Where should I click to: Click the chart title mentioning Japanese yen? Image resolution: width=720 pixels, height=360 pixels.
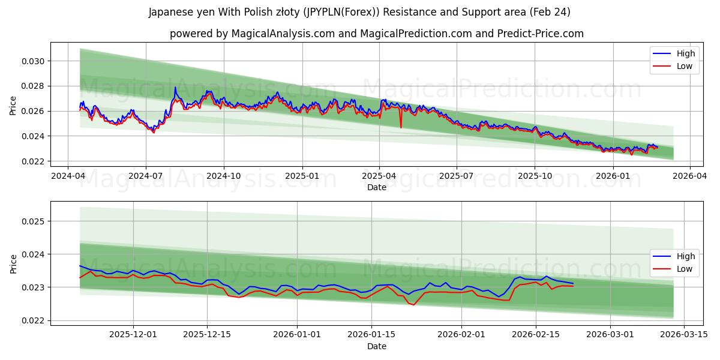pos(359,12)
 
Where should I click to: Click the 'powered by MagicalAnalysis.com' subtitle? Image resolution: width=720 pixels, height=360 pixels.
pos(376,34)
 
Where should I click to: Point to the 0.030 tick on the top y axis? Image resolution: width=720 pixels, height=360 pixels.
pos(34,61)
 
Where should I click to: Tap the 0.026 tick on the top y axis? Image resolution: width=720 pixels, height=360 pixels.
pos(34,112)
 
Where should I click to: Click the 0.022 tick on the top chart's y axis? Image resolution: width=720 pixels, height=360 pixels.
pos(34,161)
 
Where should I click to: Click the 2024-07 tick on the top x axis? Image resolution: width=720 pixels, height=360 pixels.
pos(146,176)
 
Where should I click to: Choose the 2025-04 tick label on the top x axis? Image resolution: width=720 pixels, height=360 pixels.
pos(379,176)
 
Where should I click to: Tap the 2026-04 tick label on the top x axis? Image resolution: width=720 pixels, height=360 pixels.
pos(689,176)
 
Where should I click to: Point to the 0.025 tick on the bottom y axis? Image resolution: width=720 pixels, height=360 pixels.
pos(34,221)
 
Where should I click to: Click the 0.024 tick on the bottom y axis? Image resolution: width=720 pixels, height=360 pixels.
pos(34,254)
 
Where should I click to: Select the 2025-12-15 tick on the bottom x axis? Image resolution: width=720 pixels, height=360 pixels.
pos(207,335)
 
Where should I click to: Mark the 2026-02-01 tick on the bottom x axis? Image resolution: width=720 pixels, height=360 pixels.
pos(461,335)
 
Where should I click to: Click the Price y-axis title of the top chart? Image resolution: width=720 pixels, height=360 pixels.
pos(13,106)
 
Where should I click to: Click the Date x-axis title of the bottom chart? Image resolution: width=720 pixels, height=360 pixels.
pos(376,346)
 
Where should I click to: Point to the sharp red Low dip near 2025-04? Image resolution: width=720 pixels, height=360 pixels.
pos(401,127)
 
